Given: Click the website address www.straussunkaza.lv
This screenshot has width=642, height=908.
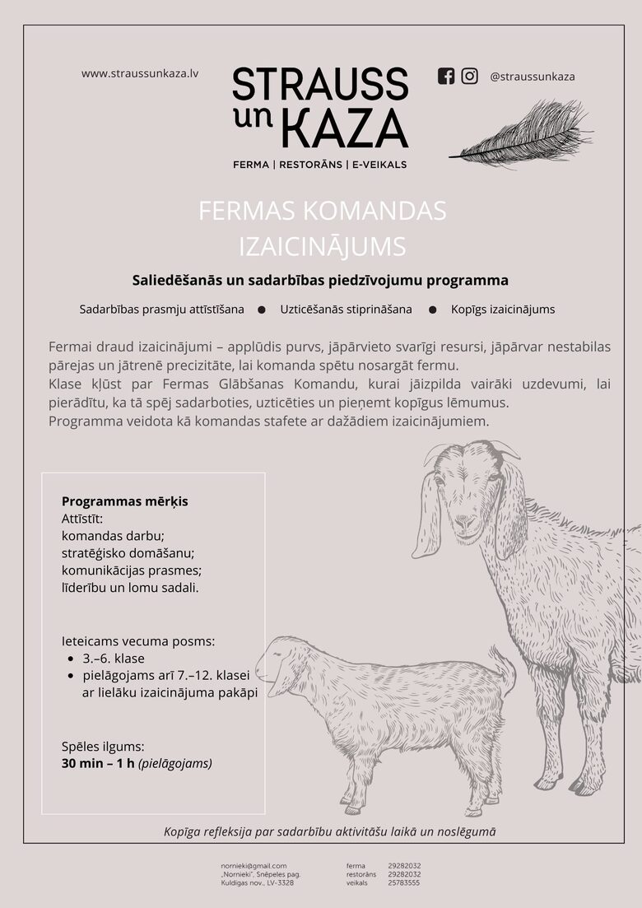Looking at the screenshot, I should click(x=140, y=73).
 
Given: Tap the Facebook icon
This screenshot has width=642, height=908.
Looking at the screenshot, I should click(x=446, y=76).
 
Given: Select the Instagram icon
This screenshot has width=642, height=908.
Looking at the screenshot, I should click(x=469, y=76).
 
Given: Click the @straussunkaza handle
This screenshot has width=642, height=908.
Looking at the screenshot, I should click(x=532, y=77).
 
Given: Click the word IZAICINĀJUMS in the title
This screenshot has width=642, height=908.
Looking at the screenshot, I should click(x=322, y=246).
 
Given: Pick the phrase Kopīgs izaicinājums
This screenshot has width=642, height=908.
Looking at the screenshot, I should click(x=502, y=310).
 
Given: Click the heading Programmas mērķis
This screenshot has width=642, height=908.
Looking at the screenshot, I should click(x=125, y=501).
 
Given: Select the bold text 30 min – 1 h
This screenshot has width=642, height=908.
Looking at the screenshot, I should click(x=98, y=763).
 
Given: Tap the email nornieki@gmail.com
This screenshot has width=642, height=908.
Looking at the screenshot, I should click(x=254, y=865).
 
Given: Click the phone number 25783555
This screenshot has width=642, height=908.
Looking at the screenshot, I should click(x=404, y=882).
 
